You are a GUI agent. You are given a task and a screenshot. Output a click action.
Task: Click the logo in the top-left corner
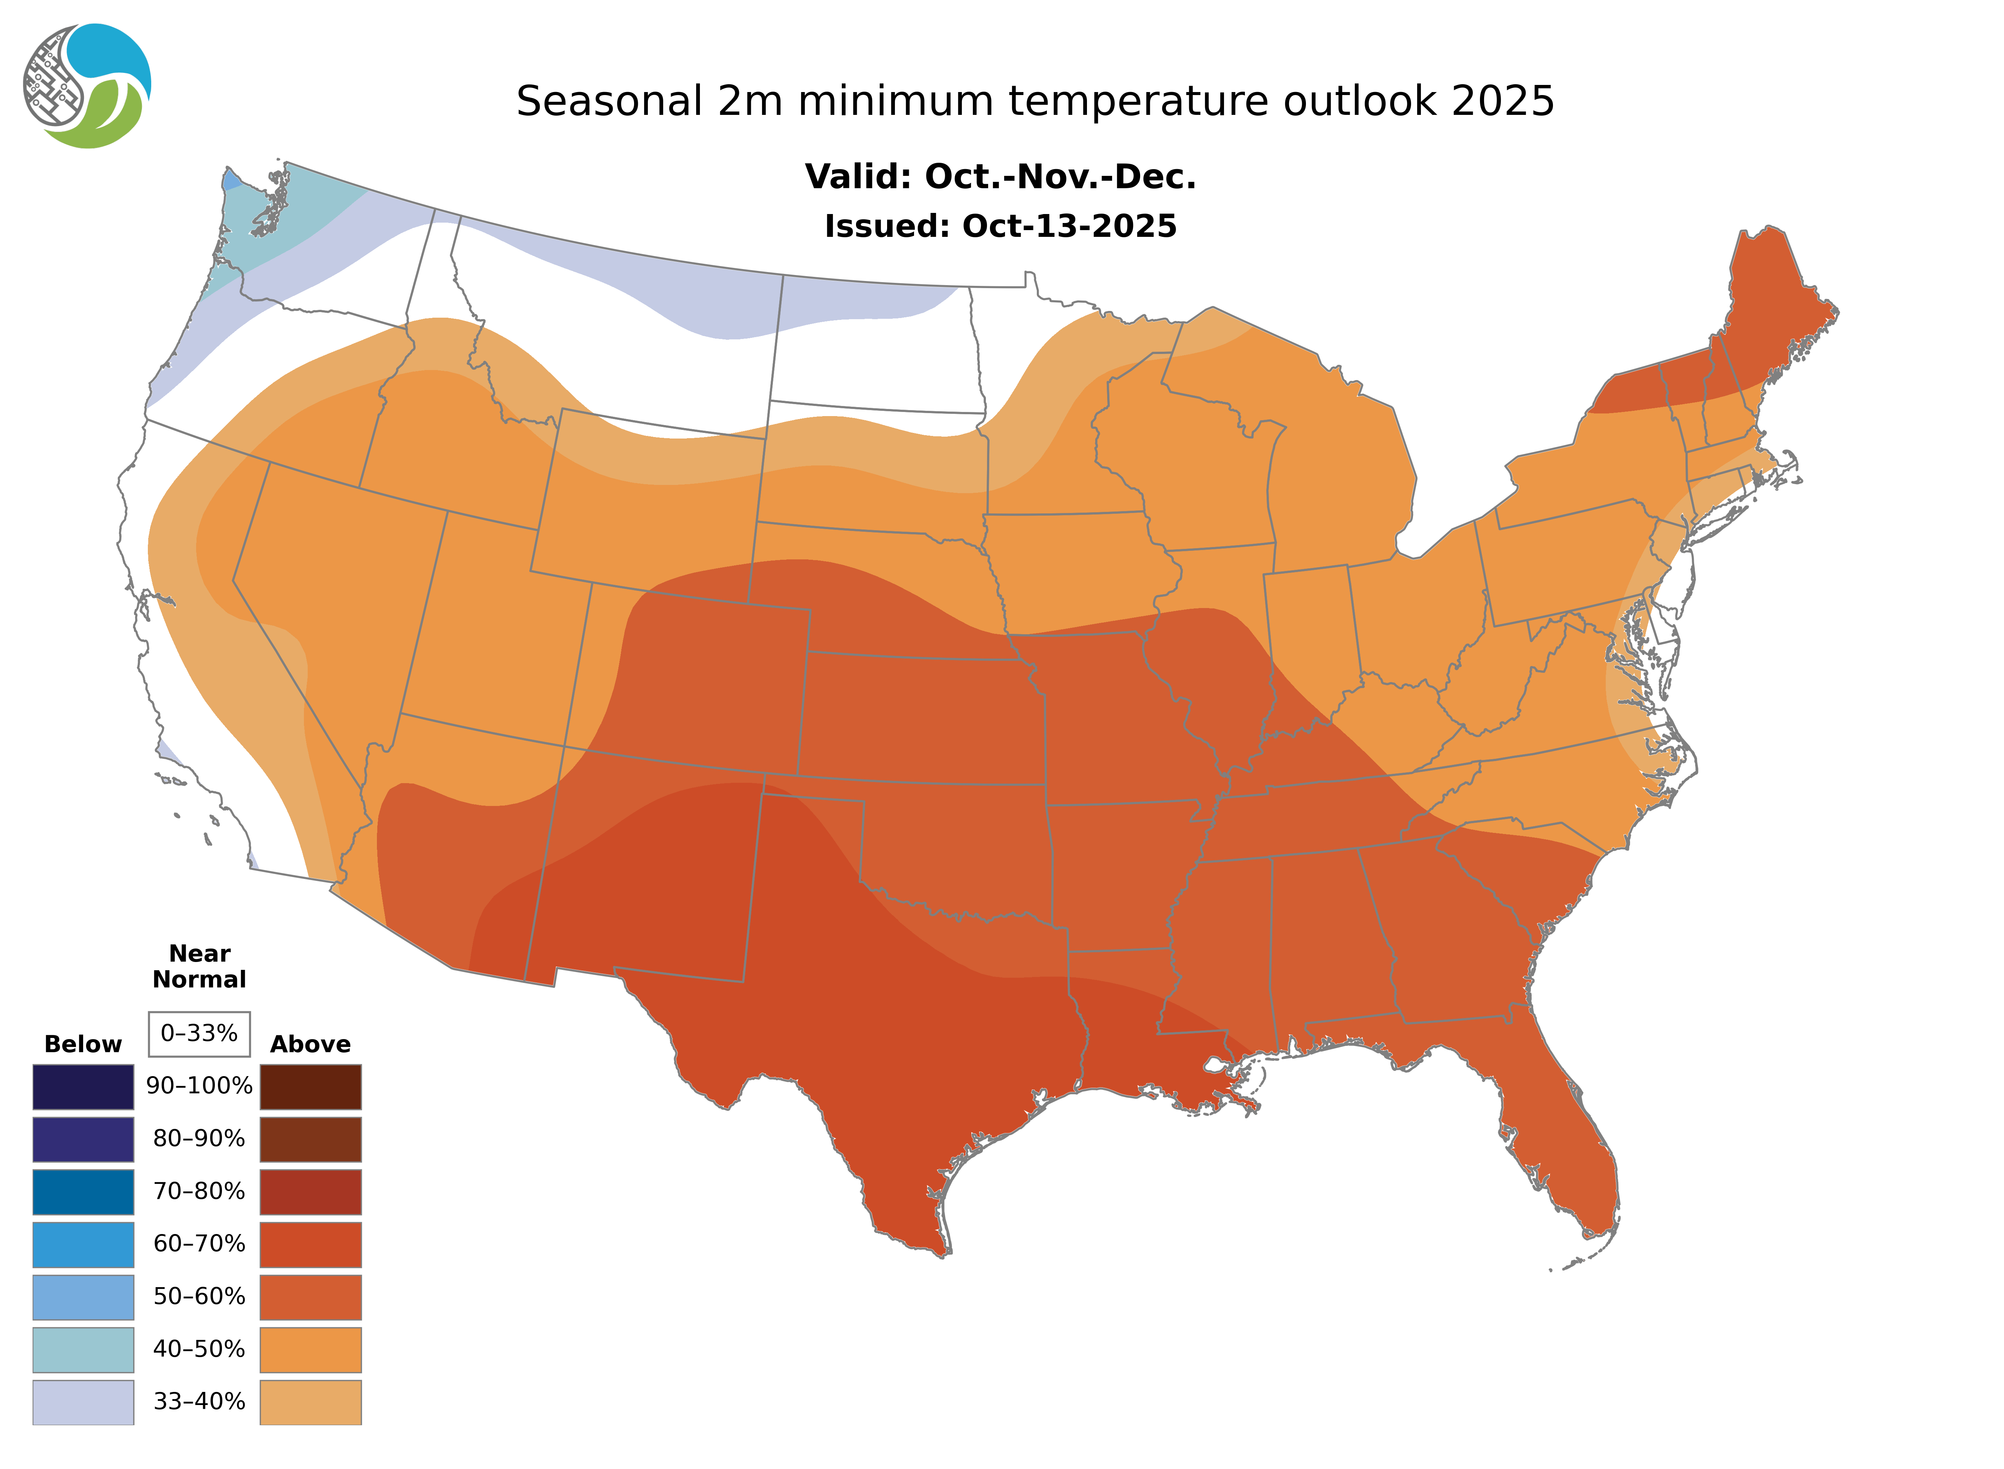pos(87,86)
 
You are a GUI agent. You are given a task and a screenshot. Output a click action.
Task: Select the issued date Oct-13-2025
pos(1069,227)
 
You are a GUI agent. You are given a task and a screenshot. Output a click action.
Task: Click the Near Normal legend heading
pos(199,966)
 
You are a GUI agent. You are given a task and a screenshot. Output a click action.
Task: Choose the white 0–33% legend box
pos(199,1033)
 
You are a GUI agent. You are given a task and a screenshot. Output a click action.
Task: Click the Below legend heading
pos(83,1044)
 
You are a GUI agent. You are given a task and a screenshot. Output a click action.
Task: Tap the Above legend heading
pos(310,1044)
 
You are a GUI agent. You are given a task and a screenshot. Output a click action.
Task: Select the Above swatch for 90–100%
pos(310,1087)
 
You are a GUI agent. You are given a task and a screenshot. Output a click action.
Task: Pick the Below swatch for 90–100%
pos(83,1087)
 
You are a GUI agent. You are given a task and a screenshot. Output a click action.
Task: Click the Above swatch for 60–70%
pos(310,1244)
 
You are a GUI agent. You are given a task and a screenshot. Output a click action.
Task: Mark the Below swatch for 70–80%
pos(83,1192)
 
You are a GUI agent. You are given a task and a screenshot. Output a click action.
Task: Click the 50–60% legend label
pos(199,1297)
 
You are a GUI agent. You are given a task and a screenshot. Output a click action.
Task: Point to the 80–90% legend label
pos(199,1139)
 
